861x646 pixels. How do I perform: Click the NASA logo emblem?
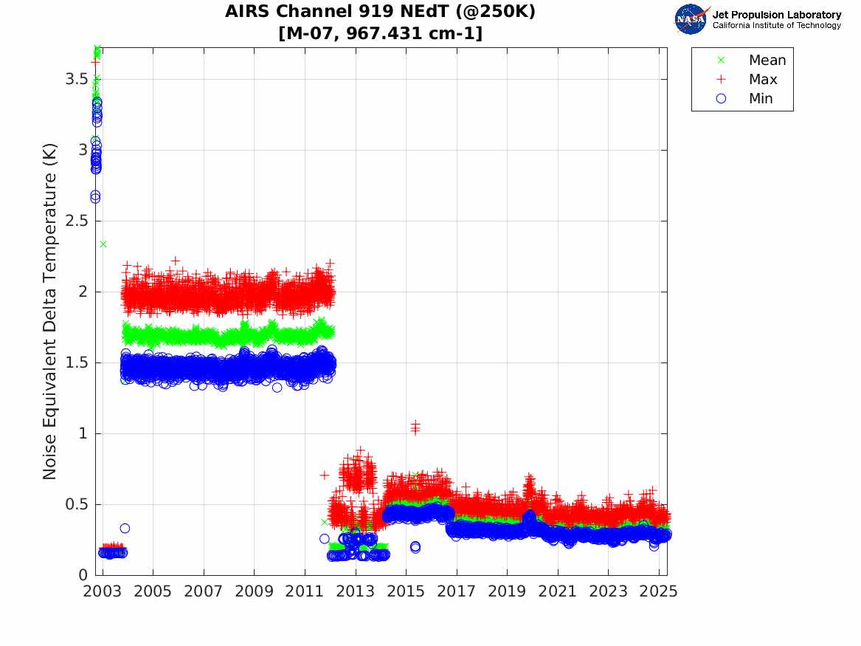(x=691, y=19)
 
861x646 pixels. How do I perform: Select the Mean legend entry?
(x=767, y=61)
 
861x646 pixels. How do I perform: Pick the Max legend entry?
(x=762, y=80)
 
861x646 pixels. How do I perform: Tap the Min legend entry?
(x=761, y=99)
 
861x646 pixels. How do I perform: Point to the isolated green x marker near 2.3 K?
(x=103, y=244)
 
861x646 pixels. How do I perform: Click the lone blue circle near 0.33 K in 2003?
(x=125, y=528)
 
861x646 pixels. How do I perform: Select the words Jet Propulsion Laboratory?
(x=776, y=15)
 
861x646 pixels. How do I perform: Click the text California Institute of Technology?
(x=776, y=26)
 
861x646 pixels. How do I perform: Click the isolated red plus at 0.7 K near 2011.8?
(x=325, y=475)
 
